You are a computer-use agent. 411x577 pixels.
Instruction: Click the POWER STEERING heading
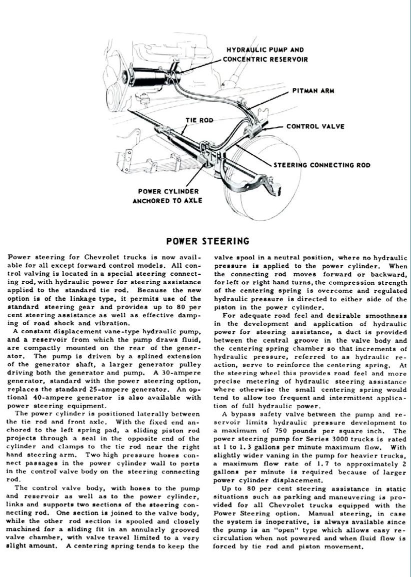coord(207,241)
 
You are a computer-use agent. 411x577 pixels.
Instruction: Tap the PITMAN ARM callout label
coord(313,91)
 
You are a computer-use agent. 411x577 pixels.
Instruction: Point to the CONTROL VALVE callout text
coord(315,126)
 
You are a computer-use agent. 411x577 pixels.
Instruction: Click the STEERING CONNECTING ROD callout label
coord(328,165)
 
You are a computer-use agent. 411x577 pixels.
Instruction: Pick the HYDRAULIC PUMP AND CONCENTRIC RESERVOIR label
coord(265,55)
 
